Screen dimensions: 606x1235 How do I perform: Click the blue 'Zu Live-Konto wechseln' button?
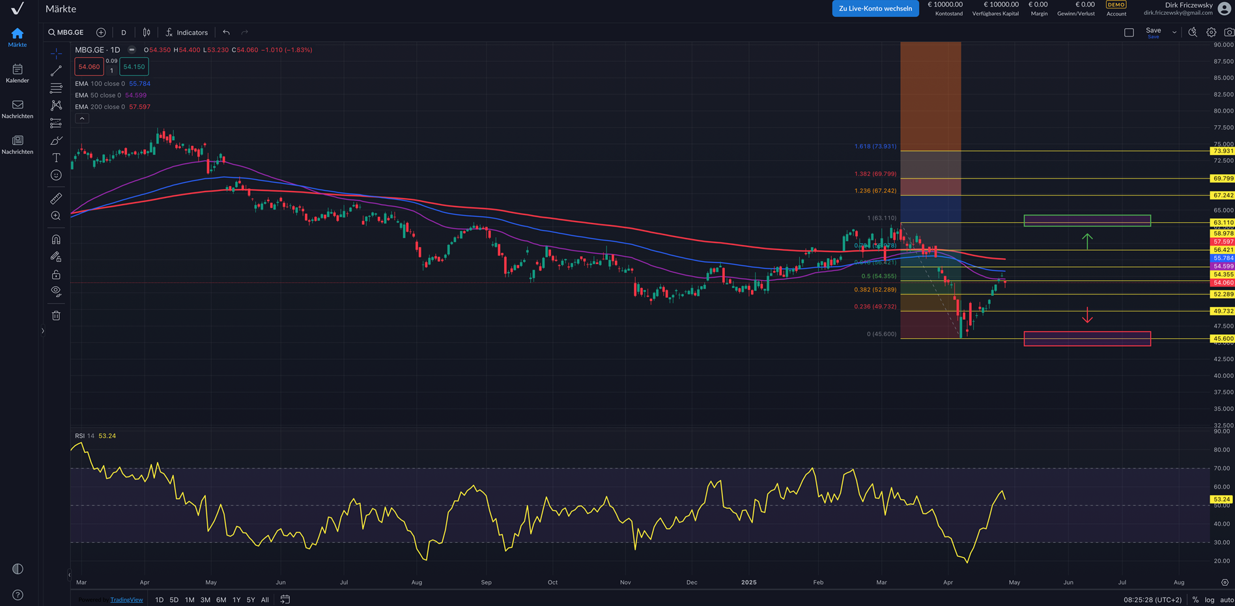click(875, 8)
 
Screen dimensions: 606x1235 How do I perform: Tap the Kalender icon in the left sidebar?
click(18, 72)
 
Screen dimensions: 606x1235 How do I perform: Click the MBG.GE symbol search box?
click(66, 33)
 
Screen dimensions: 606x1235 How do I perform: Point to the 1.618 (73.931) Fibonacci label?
click(875, 147)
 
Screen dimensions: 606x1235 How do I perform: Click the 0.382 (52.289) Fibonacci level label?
click(875, 290)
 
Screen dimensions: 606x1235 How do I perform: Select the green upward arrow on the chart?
click(1087, 241)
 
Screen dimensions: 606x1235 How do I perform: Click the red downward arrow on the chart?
click(1087, 315)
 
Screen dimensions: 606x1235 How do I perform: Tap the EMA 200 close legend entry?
click(112, 107)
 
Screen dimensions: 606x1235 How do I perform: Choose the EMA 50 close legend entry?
click(110, 95)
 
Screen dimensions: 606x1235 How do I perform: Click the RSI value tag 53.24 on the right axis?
click(1221, 500)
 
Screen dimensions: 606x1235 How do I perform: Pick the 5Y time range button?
click(251, 600)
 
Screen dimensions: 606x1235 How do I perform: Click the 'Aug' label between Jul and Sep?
click(417, 583)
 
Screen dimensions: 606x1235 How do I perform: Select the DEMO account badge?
click(1116, 5)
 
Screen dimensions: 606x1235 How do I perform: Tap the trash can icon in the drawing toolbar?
click(56, 316)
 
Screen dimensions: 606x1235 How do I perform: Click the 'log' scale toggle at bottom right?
click(1210, 600)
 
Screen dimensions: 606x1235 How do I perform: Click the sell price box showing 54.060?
click(89, 66)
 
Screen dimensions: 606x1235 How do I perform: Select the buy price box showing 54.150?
click(134, 66)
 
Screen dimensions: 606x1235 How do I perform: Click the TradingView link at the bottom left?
click(126, 600)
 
